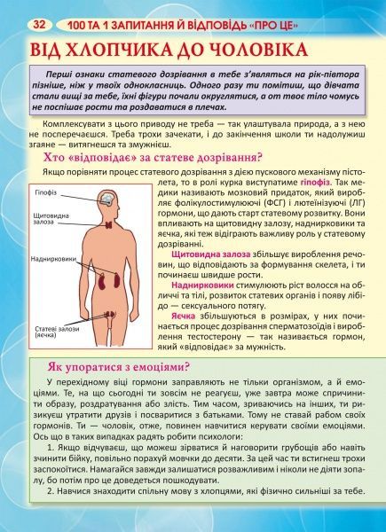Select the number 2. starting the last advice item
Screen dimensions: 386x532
pos(51,515)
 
